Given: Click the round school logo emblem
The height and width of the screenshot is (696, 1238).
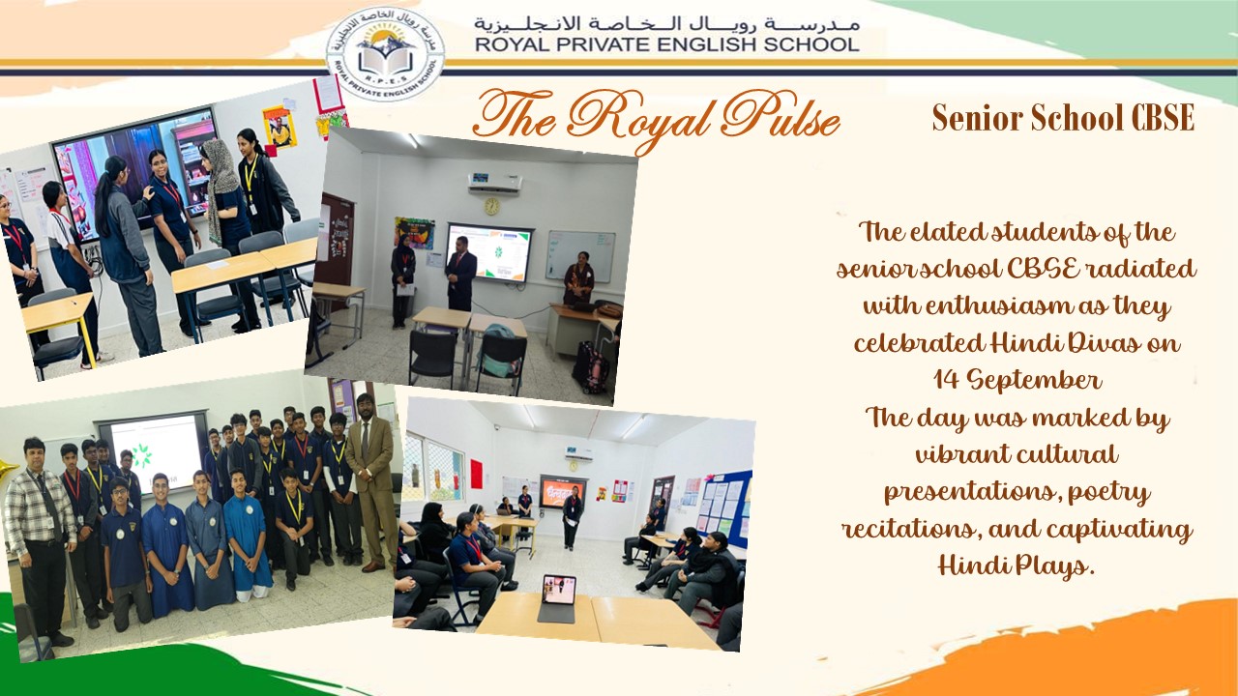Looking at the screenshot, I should coord(385,54).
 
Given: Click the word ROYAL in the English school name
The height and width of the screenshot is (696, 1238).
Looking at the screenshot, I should coord(514,43).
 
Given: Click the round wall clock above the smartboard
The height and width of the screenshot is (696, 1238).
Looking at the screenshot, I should coord(491,206).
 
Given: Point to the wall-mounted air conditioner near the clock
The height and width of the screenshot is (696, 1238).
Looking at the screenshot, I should coord(494,182).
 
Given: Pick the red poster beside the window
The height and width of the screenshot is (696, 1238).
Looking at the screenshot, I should coord(476,474).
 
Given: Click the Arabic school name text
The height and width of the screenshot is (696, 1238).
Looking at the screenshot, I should coord(665,21).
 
